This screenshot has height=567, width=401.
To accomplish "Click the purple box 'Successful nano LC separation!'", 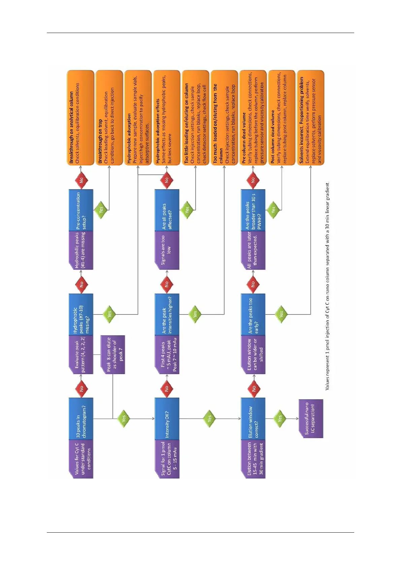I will [310, 419].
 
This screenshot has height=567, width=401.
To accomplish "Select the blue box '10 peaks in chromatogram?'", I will [81, 419].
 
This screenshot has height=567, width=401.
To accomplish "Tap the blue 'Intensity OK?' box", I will [167, 419].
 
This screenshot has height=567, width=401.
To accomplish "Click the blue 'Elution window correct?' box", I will [253, 419].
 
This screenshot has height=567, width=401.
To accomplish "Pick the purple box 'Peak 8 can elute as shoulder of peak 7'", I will [112, 355].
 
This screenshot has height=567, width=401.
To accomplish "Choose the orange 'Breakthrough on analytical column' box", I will [80, 118].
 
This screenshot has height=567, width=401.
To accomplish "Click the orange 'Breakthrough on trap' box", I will [109, 118].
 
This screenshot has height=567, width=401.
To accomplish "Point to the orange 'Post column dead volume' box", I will [281, 118].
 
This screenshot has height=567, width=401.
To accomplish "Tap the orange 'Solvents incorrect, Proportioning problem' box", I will [310, 118].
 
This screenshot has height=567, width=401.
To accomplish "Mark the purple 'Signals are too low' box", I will [167, 250].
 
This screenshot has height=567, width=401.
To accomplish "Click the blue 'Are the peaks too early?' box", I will [253, 314].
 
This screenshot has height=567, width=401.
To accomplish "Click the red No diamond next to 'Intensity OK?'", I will [167, 388].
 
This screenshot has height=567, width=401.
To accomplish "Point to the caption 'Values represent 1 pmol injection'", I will [327, 286].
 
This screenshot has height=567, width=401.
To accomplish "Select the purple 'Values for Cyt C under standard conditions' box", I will [81, 459].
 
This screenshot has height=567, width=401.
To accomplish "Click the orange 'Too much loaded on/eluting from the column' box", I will [224, 118].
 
